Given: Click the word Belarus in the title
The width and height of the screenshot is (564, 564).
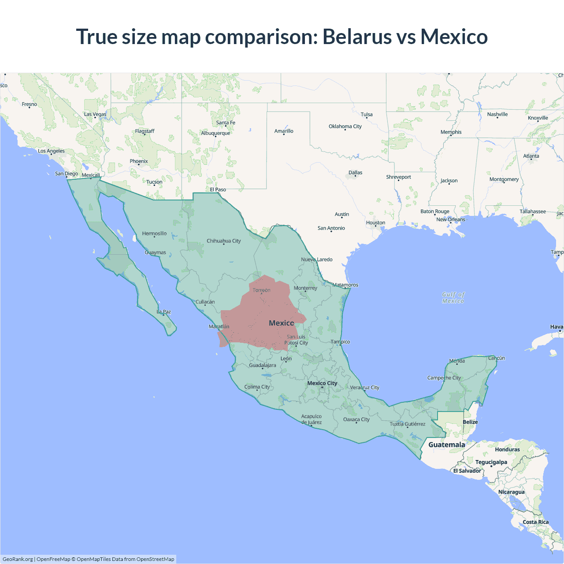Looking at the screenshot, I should (x=357, y=37).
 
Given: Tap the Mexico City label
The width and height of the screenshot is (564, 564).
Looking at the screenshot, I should (x=322, y=383).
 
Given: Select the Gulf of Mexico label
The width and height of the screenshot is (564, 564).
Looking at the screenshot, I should (x=453, y=297).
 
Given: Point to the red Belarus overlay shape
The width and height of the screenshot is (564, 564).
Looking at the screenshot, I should (x=260, y=317).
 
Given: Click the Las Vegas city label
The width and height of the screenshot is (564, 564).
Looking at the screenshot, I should (x=95, y=114).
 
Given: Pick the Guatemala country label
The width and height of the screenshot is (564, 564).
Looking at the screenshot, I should (x=446, y=445).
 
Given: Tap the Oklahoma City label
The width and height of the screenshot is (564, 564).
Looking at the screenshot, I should (x=345, y=126).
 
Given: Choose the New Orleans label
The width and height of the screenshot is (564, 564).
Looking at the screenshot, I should (x=450, y=219).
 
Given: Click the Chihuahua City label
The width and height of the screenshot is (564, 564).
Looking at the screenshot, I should (x=224, y=241).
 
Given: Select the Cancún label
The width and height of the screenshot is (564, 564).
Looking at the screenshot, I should (x=497, y=358).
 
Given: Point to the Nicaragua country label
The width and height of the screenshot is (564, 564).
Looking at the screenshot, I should (x=511, y=492).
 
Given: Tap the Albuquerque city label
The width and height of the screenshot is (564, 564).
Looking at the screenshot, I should (x=215, y=133).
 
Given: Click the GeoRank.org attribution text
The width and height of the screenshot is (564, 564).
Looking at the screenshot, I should (x=18, y=559).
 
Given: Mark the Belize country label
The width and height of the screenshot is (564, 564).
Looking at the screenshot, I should (x=470, y=422).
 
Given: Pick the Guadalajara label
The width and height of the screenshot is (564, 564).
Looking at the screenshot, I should (x=263, y=365).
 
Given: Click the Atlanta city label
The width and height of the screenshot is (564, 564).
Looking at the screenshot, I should (x=531, y=156).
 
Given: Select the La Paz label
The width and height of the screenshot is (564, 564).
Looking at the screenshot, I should (x=164, y=312).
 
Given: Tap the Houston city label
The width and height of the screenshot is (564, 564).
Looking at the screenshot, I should (x=375, y=223).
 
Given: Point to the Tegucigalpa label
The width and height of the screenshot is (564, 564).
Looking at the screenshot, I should (x=491, y=462).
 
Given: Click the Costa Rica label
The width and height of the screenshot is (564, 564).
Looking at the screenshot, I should (x=535, y=522).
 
